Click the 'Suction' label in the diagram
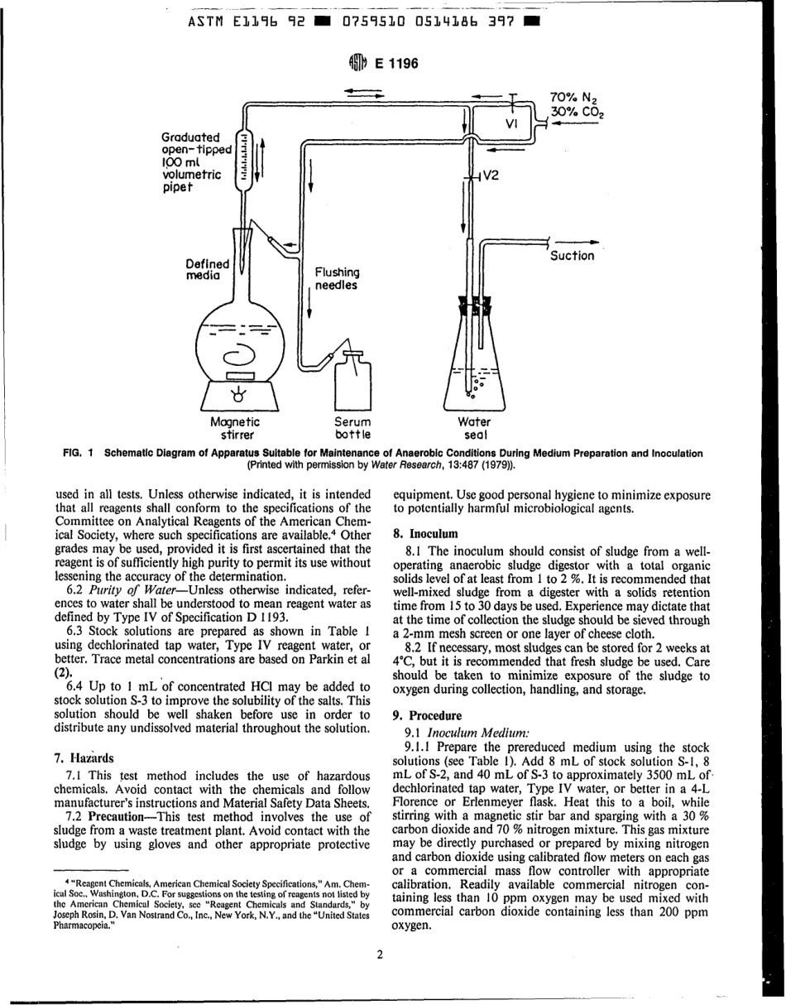[572, 256]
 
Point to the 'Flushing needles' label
[337, 278]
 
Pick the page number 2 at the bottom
[380, 955]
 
